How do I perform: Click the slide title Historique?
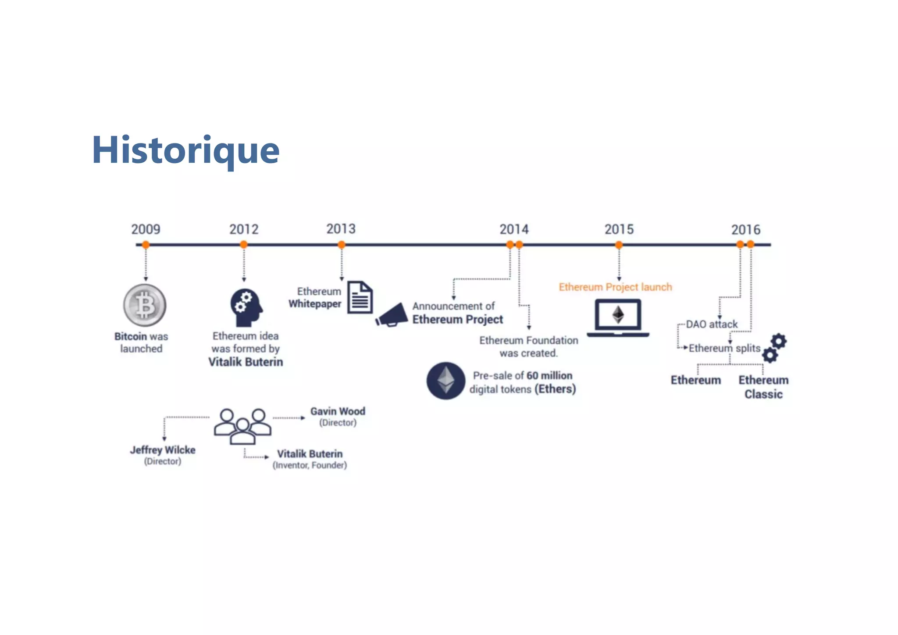tap(185, 150)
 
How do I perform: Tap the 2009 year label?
tap(146, 229)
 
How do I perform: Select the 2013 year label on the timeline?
tap(341, 228)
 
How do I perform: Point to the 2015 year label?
tap(619, 229)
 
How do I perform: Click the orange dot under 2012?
tap(244, 245)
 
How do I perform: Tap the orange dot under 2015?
tap(619, 245)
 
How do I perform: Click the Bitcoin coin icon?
tap(145, 305)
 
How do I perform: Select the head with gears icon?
tap(246, 307)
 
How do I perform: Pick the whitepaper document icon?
tap(360, 297)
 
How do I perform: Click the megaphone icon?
tap(392, 315)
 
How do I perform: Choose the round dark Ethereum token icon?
tap(445, 380)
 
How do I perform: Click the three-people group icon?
tap(242, 426)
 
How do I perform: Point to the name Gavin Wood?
tap(338, 411)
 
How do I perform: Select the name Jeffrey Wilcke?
tap(163, 450)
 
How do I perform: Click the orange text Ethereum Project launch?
tap(615, 287)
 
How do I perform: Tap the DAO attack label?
tap(711, 324)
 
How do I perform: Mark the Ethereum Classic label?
tap(763, 387)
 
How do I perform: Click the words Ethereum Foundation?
tap(528, 340)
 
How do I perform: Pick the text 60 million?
tap(549, 375)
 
